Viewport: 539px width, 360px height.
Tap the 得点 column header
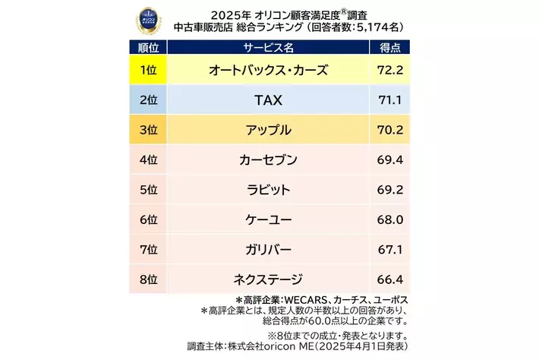point(389,48)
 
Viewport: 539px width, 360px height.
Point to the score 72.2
point(389,71)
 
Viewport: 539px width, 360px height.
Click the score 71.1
point(389,100)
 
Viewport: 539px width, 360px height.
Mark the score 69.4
point(389,160)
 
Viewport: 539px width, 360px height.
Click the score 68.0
point(389,219)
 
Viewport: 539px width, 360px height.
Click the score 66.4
point(389,279)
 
